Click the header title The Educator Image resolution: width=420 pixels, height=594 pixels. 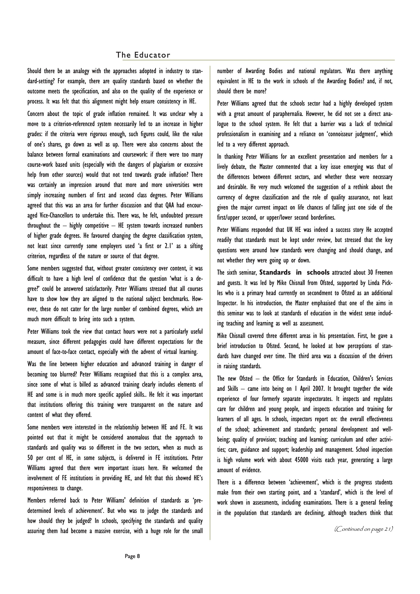click(143, 55)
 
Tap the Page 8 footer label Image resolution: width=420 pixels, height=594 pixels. click(132, 556)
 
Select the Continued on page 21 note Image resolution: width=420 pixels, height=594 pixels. click(364, 529)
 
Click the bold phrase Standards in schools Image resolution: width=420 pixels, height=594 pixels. click(294, 272)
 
